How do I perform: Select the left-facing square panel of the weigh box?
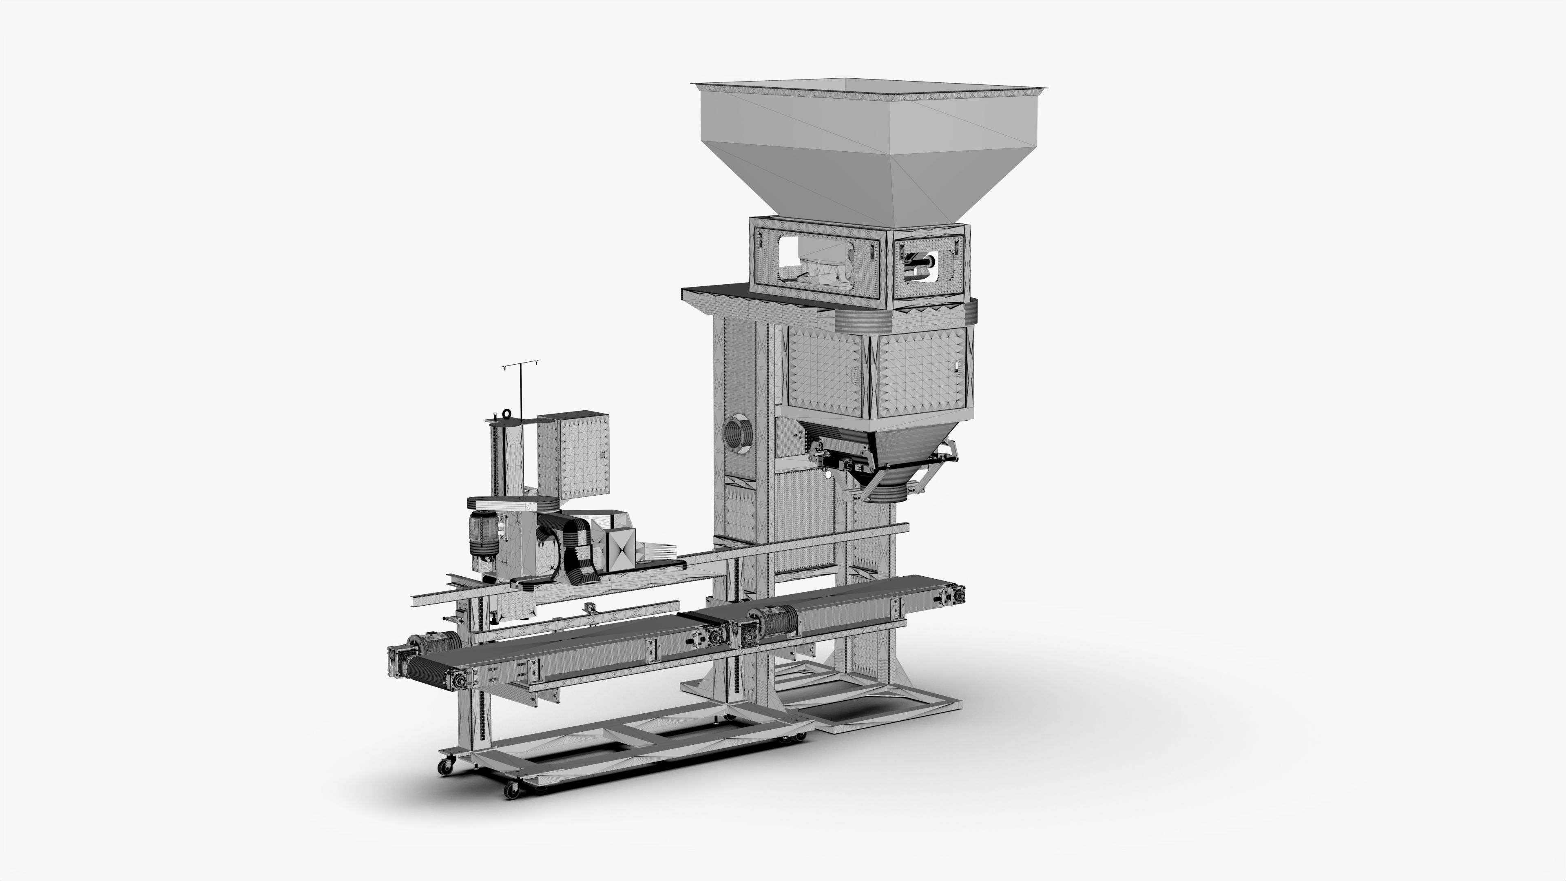(825, 371)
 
